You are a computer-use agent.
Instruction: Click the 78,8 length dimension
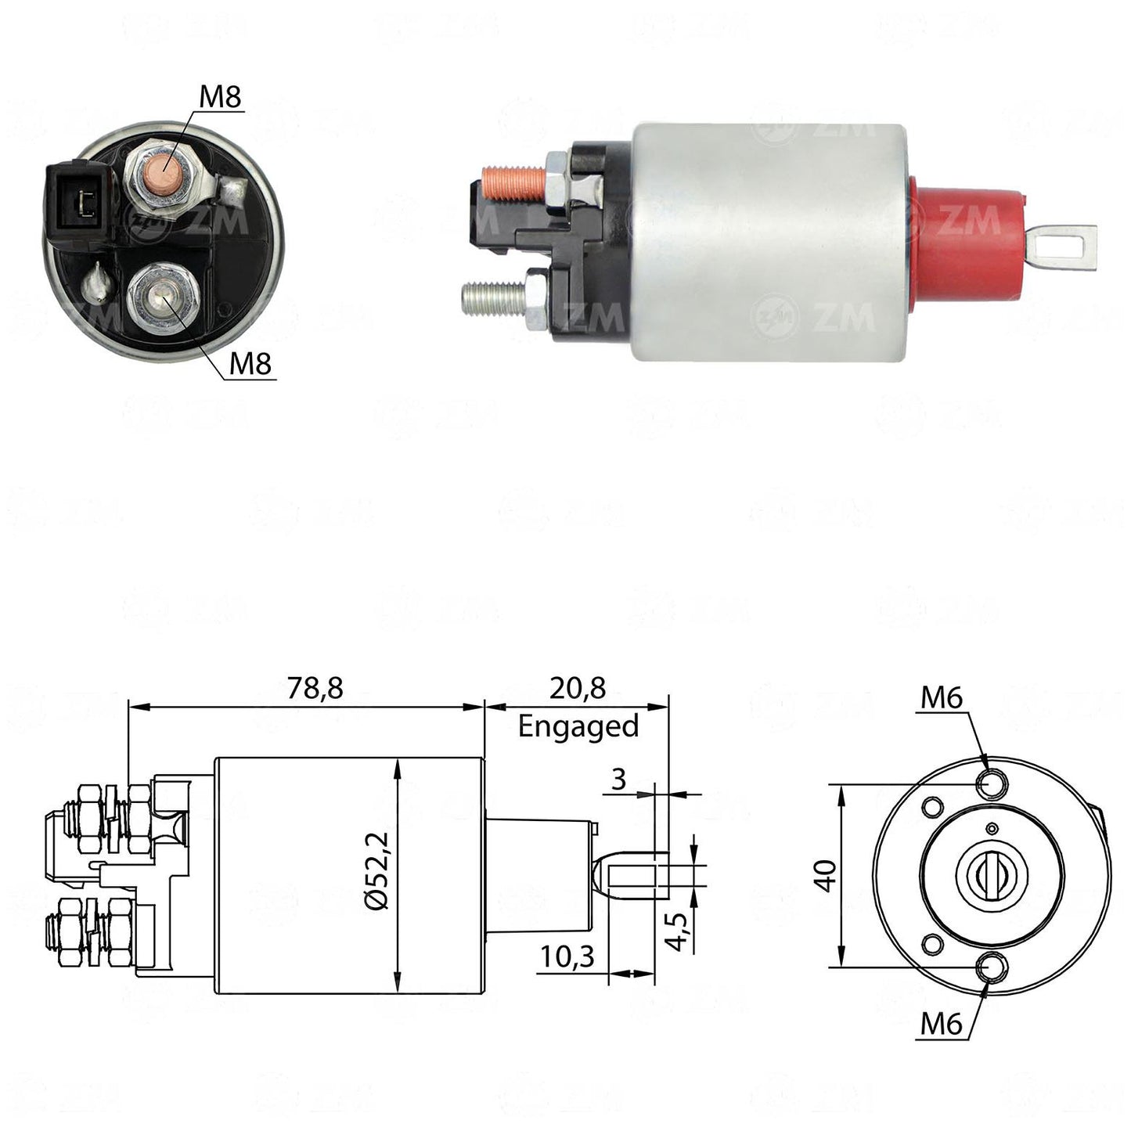click(315, 688)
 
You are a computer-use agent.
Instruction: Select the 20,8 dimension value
click(578, 688)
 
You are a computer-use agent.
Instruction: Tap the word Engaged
click(578, 727)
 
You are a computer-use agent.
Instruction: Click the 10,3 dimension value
click(567, 956)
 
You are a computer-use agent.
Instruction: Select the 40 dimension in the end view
click(826, 877)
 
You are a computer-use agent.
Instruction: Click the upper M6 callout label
click(942, 698)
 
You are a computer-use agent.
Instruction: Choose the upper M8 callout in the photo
click(220, 96)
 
